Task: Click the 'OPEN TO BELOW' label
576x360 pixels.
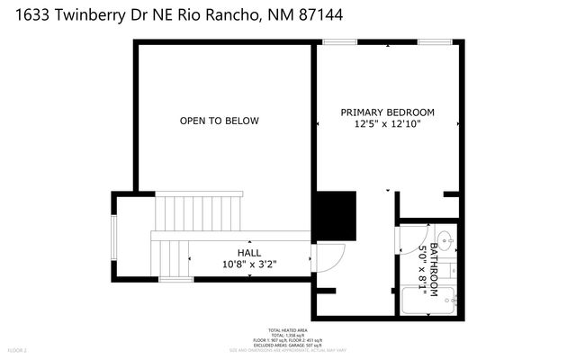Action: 219,121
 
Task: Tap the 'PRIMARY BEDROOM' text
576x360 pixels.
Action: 387,112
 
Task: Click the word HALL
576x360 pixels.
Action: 249,253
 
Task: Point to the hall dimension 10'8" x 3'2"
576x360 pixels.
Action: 249,264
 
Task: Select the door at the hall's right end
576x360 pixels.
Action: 329,258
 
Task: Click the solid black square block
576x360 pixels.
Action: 335,213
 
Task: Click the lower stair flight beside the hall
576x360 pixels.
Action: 168,256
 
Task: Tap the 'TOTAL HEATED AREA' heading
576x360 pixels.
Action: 287,329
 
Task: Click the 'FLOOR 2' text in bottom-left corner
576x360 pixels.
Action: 18,349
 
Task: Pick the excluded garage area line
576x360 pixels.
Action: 287,344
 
